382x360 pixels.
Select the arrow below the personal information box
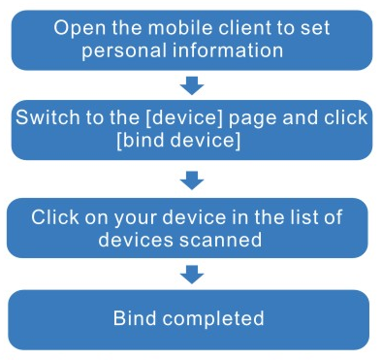pos(192,85)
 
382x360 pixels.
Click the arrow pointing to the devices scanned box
pos(192,180)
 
